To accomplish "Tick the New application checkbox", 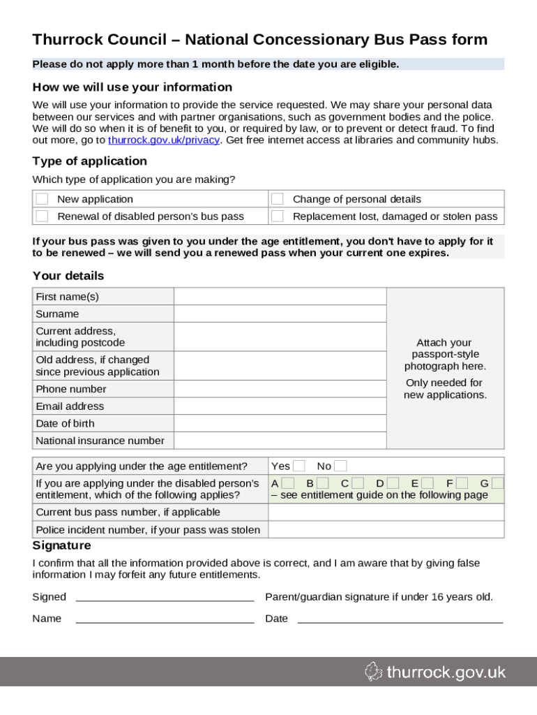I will pos(43,199).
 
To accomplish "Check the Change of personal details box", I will pos(278,199).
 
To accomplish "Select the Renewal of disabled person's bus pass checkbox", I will pos(43,216).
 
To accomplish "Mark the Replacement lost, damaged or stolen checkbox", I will pos(278,216).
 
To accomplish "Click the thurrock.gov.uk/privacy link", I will pos(163,140).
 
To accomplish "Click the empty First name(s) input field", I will pos(280,297).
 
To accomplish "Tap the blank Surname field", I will pos(280,314).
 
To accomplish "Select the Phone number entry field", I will pos(280,389).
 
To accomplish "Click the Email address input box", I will pos(280,406).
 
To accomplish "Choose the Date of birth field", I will pos(280,423).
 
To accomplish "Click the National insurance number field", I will pos(280,441).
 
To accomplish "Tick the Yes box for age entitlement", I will pos(298,466).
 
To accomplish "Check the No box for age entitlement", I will pos(340,466).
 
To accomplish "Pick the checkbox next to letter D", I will pos(393,483).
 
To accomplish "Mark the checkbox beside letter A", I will pos(288,483).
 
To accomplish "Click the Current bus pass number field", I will pos(386,512).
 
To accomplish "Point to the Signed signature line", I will pos(165,597).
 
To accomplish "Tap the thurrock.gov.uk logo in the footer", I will pos(435,672).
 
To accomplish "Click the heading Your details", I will pos(68,276).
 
